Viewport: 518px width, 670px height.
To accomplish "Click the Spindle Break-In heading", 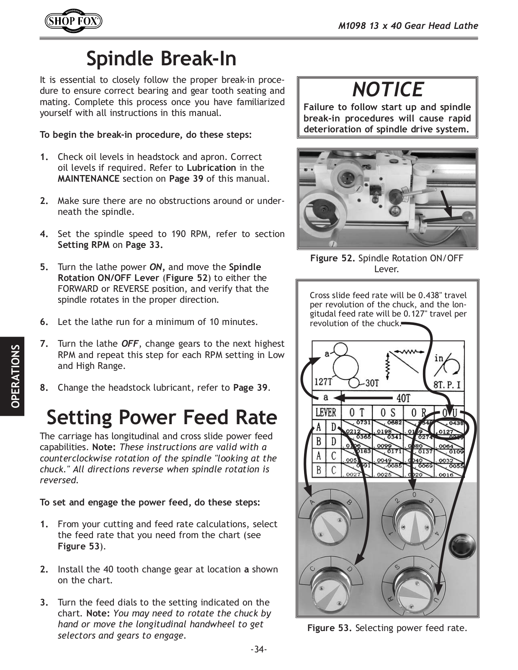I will point(161,59).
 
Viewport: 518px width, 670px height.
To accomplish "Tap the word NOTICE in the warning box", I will point(387,89).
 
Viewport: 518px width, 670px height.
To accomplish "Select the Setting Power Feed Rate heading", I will point(162,417).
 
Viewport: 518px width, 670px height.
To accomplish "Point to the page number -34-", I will point(258,649).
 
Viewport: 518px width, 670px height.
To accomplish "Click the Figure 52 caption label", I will point(332,258).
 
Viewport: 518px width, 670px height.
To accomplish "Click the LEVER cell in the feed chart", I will point(325,412).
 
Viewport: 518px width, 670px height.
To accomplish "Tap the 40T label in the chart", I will point(403,398).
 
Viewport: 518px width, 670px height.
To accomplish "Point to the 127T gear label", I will point(323,382).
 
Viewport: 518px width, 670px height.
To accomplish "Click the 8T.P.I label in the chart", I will point(447,383).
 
